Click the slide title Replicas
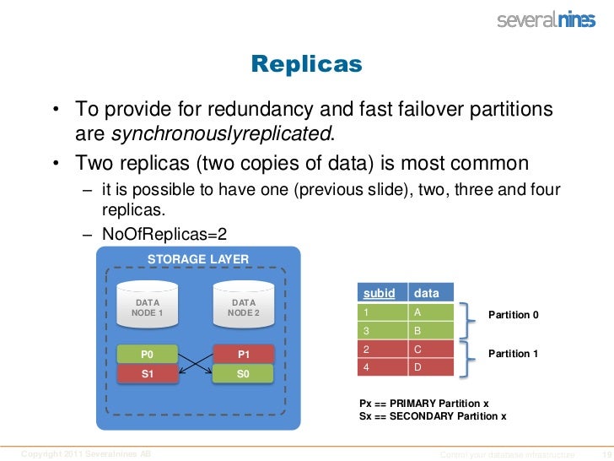306,64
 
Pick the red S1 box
147,372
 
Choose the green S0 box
243,372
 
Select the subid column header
380,293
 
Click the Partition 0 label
514,316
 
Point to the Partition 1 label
514,354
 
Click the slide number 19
602,454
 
